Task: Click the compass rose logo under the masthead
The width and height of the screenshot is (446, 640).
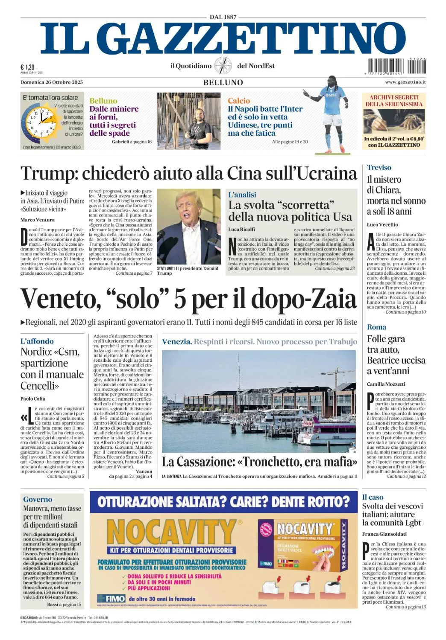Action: (223, 66)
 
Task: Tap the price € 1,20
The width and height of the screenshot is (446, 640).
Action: (27, 67)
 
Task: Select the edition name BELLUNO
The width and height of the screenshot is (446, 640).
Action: (223, 82)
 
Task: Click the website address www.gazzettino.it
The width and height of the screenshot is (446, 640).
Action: (405, 82)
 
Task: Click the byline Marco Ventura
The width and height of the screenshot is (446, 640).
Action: (38, 220)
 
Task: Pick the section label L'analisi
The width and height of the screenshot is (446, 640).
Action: (242, 195)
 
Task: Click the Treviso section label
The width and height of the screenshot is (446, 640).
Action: (379, 168)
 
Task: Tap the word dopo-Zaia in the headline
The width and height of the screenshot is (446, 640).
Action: (304, 299)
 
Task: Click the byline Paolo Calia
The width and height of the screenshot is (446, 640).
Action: (32, 399)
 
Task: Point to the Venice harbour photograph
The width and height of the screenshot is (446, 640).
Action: (258, 401)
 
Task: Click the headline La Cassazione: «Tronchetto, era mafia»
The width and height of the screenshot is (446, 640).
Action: (259, 462)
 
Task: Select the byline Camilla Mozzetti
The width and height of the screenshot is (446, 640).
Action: (386, 384)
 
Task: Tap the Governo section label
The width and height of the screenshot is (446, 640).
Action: (38, 499)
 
